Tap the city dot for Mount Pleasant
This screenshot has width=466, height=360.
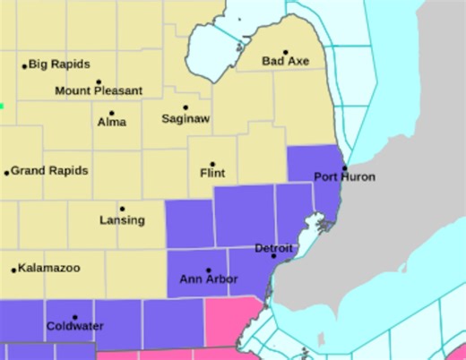click(x=98, y=81)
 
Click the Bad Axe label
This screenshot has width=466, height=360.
click(x=285, y=62)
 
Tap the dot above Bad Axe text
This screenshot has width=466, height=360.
click(x=286, y=52)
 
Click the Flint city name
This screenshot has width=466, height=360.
click(x=212, y=173)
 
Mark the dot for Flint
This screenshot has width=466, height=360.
click(x=212, y=164)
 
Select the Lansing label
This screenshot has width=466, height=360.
click(x=122, y=220)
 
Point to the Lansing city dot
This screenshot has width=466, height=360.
click(x=123, y=210)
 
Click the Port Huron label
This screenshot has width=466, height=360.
click(x=344, y=177)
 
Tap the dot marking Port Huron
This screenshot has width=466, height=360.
click(x=343, y=167)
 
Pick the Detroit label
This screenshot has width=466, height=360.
click(x=273, y=247)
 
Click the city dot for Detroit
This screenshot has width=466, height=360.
click(x=274, y=257)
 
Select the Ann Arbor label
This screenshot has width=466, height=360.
click(x=209, y=280)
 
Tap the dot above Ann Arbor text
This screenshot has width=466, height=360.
click(x=209, y=270)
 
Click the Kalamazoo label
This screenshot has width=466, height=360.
click(x=50, y=269)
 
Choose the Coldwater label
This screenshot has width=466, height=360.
click(x=74, y=327)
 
